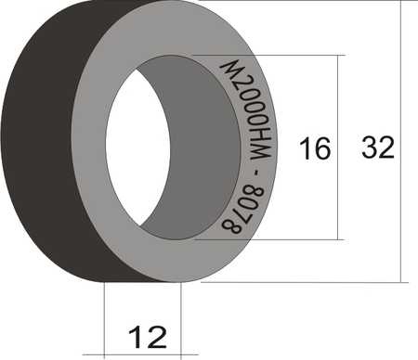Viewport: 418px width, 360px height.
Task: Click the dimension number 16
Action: click(315, 148)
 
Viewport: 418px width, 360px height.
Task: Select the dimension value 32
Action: click(378, 148)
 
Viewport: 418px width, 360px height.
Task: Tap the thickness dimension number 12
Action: click(148, 337)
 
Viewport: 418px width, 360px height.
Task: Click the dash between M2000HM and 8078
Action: click(256, 173)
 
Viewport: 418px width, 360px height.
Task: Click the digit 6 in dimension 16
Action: click(322, 148)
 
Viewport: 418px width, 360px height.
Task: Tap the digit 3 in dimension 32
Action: click(370, 148)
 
